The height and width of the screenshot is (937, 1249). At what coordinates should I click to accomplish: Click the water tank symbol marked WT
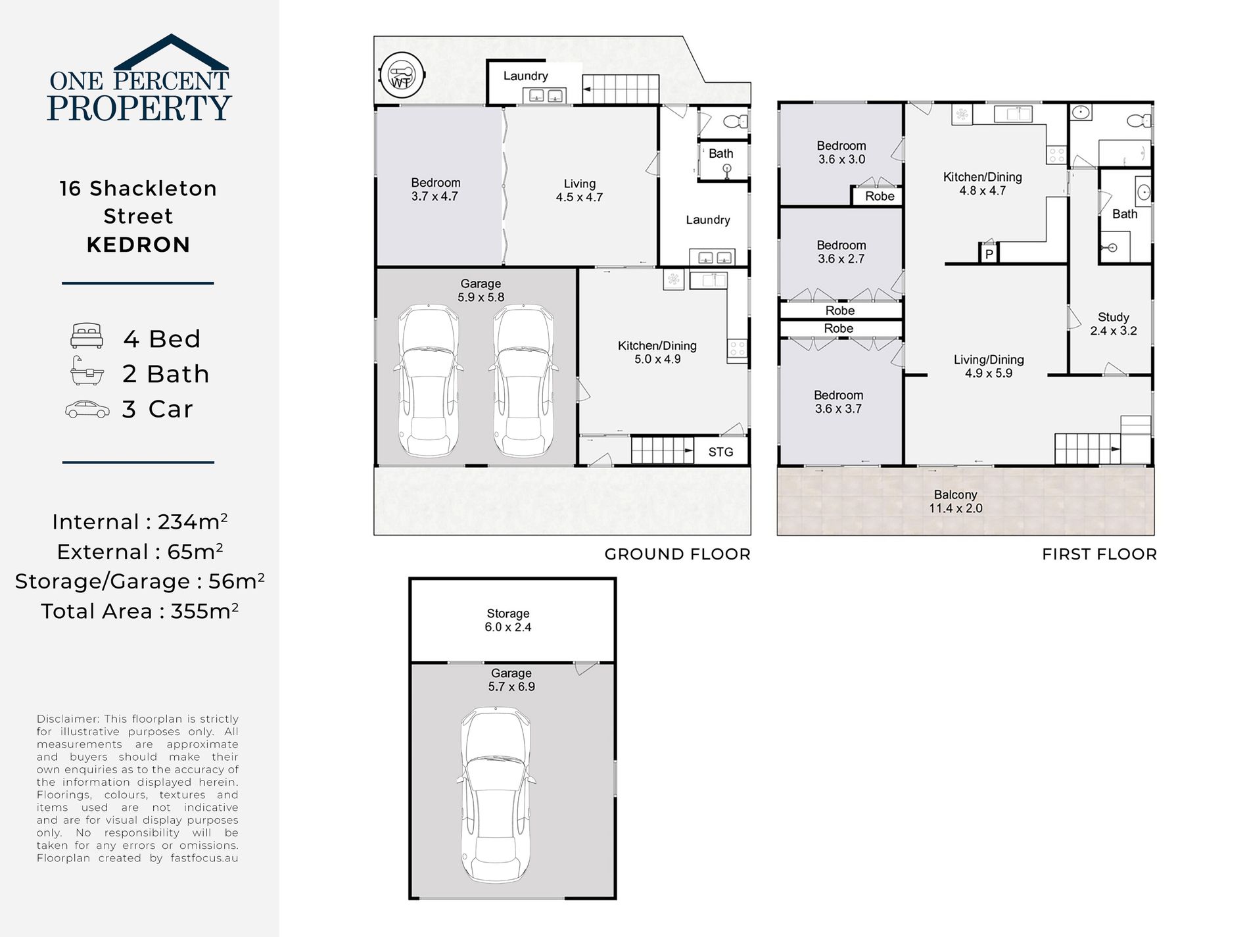click(x=402, y=75)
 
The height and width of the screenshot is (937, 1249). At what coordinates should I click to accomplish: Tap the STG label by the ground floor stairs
click(x=720, y=452)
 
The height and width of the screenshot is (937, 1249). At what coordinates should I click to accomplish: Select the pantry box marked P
click(x=989, y=253)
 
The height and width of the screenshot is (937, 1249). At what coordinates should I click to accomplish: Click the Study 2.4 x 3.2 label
click(x=1113, y=324)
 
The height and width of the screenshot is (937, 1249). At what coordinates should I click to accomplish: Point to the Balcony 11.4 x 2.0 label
click(x=955, y=501)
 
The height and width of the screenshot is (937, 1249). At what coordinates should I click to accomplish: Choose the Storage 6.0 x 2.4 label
click(x=507, y=620)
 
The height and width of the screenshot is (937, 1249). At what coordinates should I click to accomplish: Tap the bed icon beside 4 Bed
click(x=87, y=336)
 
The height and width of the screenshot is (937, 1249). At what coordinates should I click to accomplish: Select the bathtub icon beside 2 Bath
click(x=87, y=371)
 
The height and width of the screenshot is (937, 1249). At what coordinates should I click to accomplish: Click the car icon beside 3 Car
click(x=87, y=409)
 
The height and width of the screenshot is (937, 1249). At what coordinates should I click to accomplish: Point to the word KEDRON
click(x=138, y=245)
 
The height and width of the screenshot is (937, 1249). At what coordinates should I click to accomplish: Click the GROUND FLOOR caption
click(x=677, y=554)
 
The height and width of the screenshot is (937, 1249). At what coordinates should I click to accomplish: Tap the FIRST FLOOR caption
click(x=1099, y=554)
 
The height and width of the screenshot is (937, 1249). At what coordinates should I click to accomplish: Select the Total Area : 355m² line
click(x=139, y=611)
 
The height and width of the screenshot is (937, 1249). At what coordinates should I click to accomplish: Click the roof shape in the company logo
click(x=171, y=51)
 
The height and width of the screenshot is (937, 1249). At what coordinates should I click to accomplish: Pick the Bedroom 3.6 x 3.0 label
click(x=841, y=153)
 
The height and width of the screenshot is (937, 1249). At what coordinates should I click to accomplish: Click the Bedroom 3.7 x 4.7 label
click(x=435, y=189)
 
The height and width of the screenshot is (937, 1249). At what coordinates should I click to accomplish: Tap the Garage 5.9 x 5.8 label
click(x=481, y=290)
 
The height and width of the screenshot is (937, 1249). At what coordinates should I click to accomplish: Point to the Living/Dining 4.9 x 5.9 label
click(x=989, y=366)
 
